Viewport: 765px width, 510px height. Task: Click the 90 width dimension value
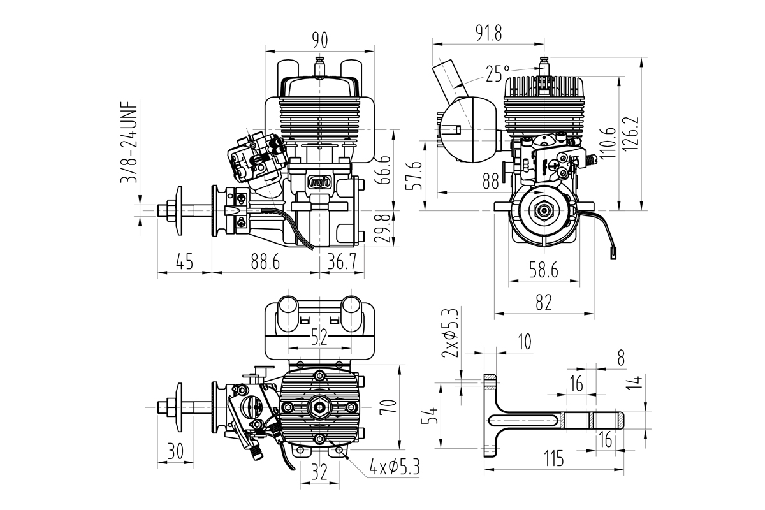(319, 41)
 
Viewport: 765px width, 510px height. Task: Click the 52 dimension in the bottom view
(319, 337)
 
